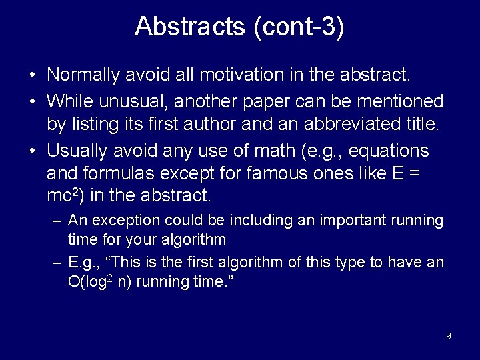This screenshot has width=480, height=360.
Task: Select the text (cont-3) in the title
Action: tap(299, 27)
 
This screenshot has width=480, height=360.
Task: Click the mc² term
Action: tap(64, 196)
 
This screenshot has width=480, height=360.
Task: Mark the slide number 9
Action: tap(448, 336)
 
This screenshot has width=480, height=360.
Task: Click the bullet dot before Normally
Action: tap(33, 75)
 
